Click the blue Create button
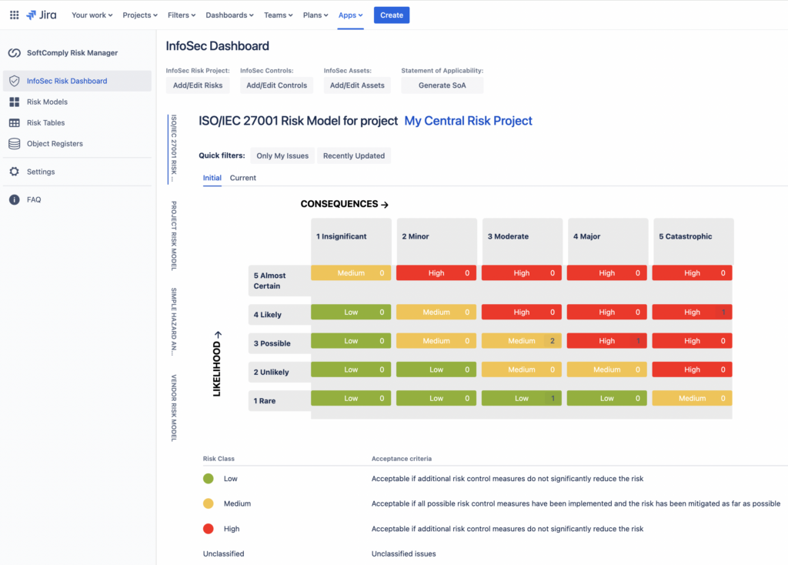392,15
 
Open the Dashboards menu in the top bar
230,15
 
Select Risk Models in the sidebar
47,102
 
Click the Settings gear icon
14,172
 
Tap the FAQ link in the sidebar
34,199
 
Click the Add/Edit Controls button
276,85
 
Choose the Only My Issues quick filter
282,155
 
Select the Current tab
243,178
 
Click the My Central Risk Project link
468,121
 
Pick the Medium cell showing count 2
522,341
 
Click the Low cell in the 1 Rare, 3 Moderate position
522,398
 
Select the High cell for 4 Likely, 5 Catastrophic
692,313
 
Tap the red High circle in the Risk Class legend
208,529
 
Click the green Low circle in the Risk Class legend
208,479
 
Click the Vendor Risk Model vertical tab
174,408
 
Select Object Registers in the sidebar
55,143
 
